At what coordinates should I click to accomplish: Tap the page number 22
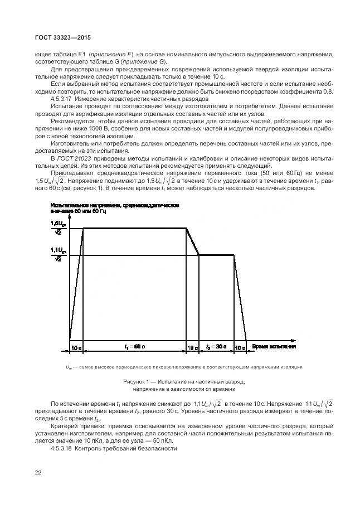pos(38,473)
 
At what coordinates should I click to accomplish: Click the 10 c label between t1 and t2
pos(192,347)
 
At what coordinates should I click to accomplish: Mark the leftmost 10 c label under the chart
pos(76,347)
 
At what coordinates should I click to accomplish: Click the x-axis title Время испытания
pos(274,347)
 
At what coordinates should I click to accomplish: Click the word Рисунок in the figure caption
pos(135,381)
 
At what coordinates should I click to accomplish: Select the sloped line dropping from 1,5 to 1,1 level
pos(193,242)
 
